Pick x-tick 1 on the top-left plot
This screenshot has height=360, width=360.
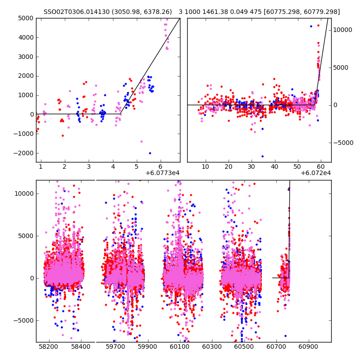(x=40, y=166)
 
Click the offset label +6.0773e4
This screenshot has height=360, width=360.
(x=162, y=173)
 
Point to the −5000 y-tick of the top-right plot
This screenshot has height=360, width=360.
(x=344, y=143)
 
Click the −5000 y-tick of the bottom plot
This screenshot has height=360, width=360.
(x=25, y=320)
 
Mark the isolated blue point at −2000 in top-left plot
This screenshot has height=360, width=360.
(x=150, y=153)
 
